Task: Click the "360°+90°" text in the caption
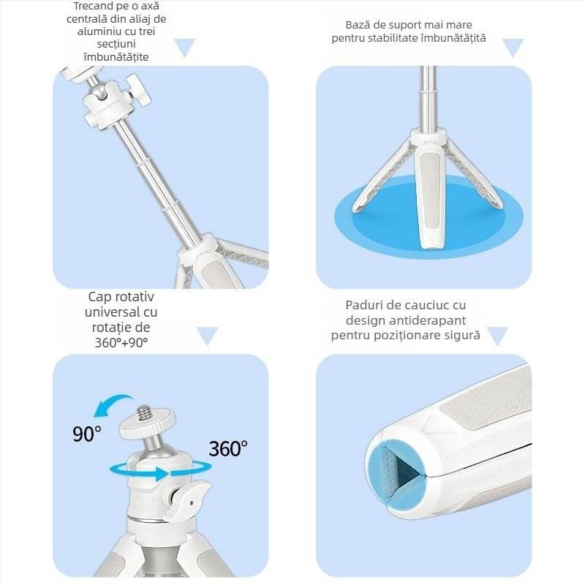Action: click(x=121, y=342)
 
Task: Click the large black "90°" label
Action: click(x=86, y=434)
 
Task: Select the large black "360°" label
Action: click(x=228, y=448)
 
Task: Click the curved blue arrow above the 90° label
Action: click(x=112, y=404)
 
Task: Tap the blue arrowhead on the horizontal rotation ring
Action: click(x=161, y=473)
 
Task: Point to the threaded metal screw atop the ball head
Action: click(x=144, y=414)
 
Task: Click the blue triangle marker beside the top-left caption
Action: click(x=185, y=48)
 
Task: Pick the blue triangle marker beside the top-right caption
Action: click(x=513, y=48)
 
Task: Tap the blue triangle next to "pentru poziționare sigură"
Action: click(x=498, y=336)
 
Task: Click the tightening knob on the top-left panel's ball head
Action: click(x=139, y=89)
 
